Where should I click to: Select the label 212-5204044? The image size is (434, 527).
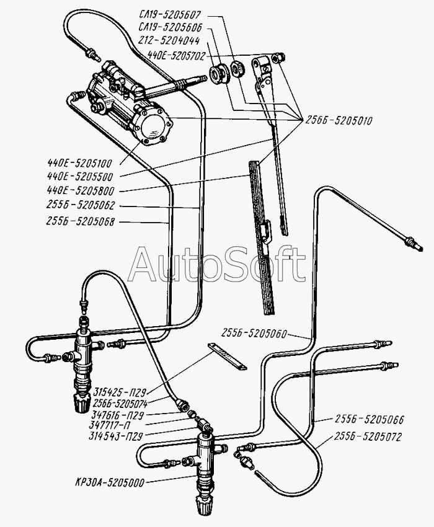(169, 41)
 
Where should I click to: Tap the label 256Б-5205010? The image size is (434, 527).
(339, 121)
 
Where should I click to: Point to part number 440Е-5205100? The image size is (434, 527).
(79, 163)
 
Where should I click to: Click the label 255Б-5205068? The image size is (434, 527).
(81, 221)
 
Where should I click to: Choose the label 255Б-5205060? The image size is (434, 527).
(254, 334)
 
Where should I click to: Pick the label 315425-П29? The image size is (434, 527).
(120, 392)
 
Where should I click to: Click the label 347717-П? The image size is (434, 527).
(110, 425)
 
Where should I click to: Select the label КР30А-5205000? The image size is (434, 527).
(110, 482)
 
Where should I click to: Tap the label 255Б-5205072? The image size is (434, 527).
(368, 436)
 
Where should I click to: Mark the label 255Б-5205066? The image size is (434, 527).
(369, 419)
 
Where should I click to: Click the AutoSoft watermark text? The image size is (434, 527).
(217, 265)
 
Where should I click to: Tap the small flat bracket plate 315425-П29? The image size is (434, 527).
(227, 356)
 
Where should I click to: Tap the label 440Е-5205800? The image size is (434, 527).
(81, 190)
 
